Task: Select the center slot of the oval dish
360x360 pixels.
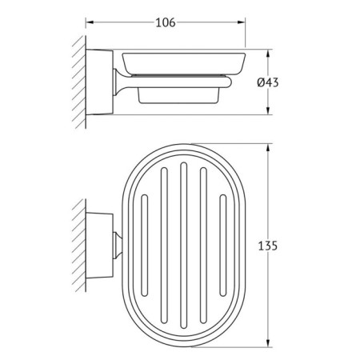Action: [x=183, y=247]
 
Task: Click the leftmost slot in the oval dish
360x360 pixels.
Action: [x=145, y=247]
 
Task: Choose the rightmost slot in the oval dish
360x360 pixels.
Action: [x=222, y=247]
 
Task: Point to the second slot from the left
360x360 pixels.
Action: [x=164, y=247]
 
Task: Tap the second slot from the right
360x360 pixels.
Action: [x=202, y=247]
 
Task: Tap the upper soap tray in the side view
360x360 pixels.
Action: [x=181, y=63]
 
